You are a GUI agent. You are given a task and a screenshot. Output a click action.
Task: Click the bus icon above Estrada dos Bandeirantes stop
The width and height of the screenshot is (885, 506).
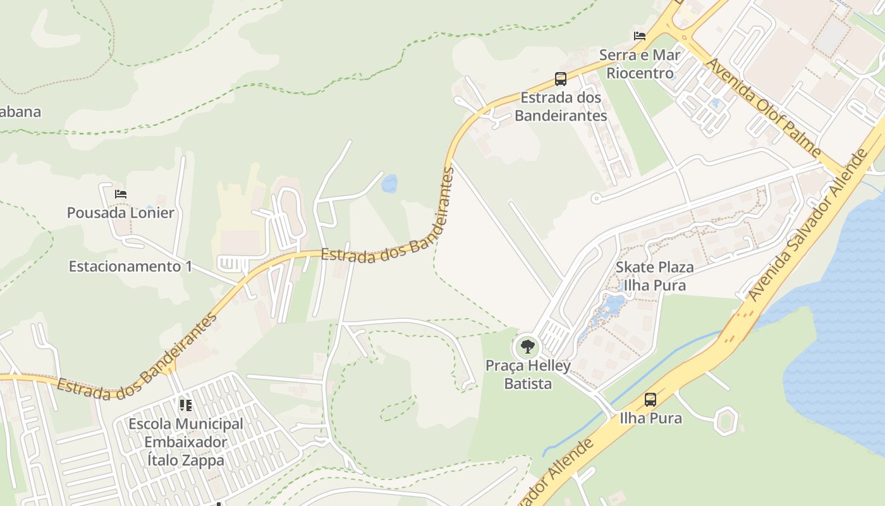point(560,79)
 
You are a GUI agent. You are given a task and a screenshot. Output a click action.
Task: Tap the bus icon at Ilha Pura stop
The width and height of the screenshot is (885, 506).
point(650,400)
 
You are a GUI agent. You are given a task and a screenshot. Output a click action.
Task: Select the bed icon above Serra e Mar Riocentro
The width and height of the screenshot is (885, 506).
point(640,36)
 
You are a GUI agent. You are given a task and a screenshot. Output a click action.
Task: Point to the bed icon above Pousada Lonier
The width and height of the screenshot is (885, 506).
point(120,194)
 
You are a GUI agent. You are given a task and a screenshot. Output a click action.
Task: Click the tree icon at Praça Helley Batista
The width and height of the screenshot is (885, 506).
point(527,347)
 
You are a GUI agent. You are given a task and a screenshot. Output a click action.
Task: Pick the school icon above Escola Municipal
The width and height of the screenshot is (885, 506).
point(185,405)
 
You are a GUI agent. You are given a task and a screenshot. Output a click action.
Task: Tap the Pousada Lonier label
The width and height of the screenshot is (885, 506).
point(120,213)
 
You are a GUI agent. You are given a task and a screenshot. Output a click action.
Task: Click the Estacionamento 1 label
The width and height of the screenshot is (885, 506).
point(130,266)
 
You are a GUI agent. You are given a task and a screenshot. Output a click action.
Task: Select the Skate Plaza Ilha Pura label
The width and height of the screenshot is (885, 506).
point(654,276)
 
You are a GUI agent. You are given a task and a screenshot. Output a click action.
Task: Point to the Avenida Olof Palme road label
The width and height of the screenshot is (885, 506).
point(764,108)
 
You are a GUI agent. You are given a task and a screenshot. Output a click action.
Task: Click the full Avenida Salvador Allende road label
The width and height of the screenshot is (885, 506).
point(815,225)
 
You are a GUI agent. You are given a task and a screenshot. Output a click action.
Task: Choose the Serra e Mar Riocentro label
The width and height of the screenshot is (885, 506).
point(640,64)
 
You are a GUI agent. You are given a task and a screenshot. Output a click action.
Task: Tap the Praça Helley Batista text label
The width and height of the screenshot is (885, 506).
point(528,374)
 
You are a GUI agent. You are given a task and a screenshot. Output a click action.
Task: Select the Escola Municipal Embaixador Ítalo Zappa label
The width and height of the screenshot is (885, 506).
point(185,442)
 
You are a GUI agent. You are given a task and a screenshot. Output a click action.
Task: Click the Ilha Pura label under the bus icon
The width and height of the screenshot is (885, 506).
point(650,418)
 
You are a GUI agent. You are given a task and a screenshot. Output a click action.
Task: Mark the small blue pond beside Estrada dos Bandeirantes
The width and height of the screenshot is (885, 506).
point(389,183)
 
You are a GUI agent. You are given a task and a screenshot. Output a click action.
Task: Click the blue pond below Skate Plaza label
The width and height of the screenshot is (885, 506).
point(612,305)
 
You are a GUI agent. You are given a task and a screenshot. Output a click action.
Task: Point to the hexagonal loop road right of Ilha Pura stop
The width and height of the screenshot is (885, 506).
point(725,421)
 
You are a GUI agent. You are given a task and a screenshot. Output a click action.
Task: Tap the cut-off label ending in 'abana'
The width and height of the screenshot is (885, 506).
point(20,112)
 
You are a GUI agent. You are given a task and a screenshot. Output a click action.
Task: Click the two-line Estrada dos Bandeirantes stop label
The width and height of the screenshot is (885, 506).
point(561,107)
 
